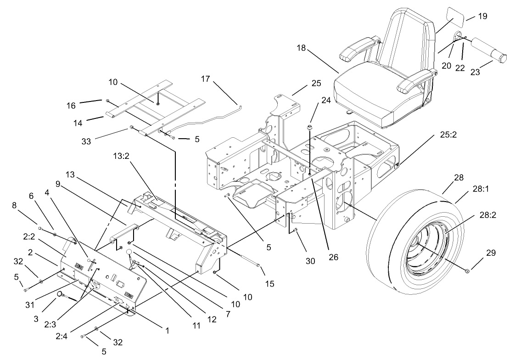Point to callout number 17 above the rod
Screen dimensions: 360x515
tap(205, 79)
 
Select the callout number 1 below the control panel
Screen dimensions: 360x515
tap(168, 330)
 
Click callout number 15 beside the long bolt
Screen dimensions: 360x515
tap(270, 285)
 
